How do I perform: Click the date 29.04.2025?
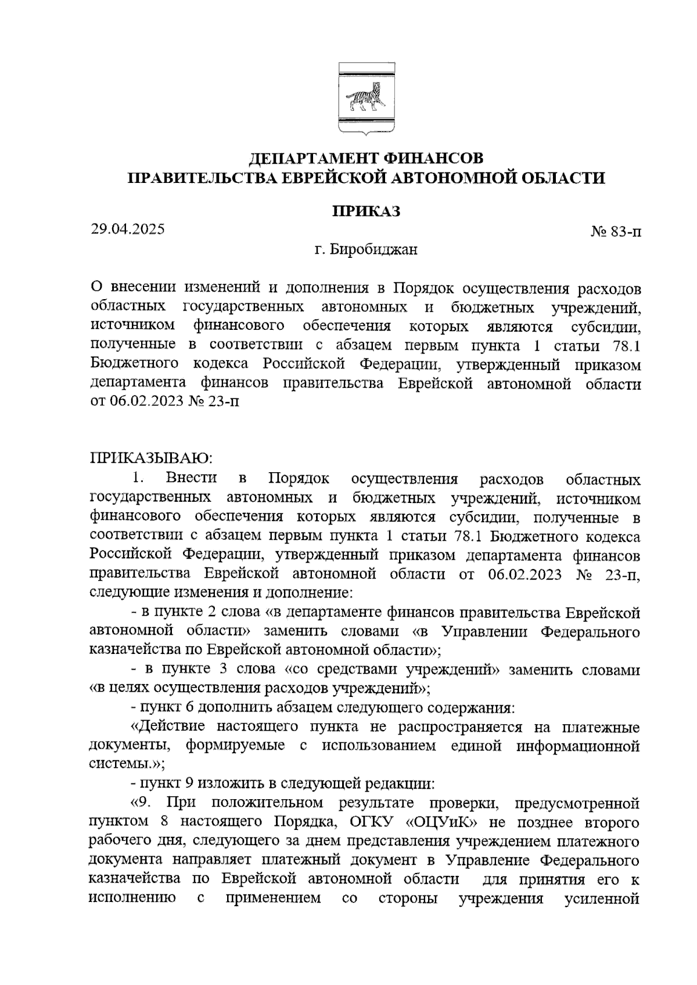pos(128,229)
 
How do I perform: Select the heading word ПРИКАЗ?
pos(366,210)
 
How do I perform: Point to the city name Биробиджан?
pos(373,250)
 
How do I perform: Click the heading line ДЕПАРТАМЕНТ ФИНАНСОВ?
pos(366,158)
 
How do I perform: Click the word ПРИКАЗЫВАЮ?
pos(152,458)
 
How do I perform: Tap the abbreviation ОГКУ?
pos(372,822)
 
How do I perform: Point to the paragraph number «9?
pos(142,803)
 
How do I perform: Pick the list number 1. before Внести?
pos(138,479)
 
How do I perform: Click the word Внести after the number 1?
pos(191,479)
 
